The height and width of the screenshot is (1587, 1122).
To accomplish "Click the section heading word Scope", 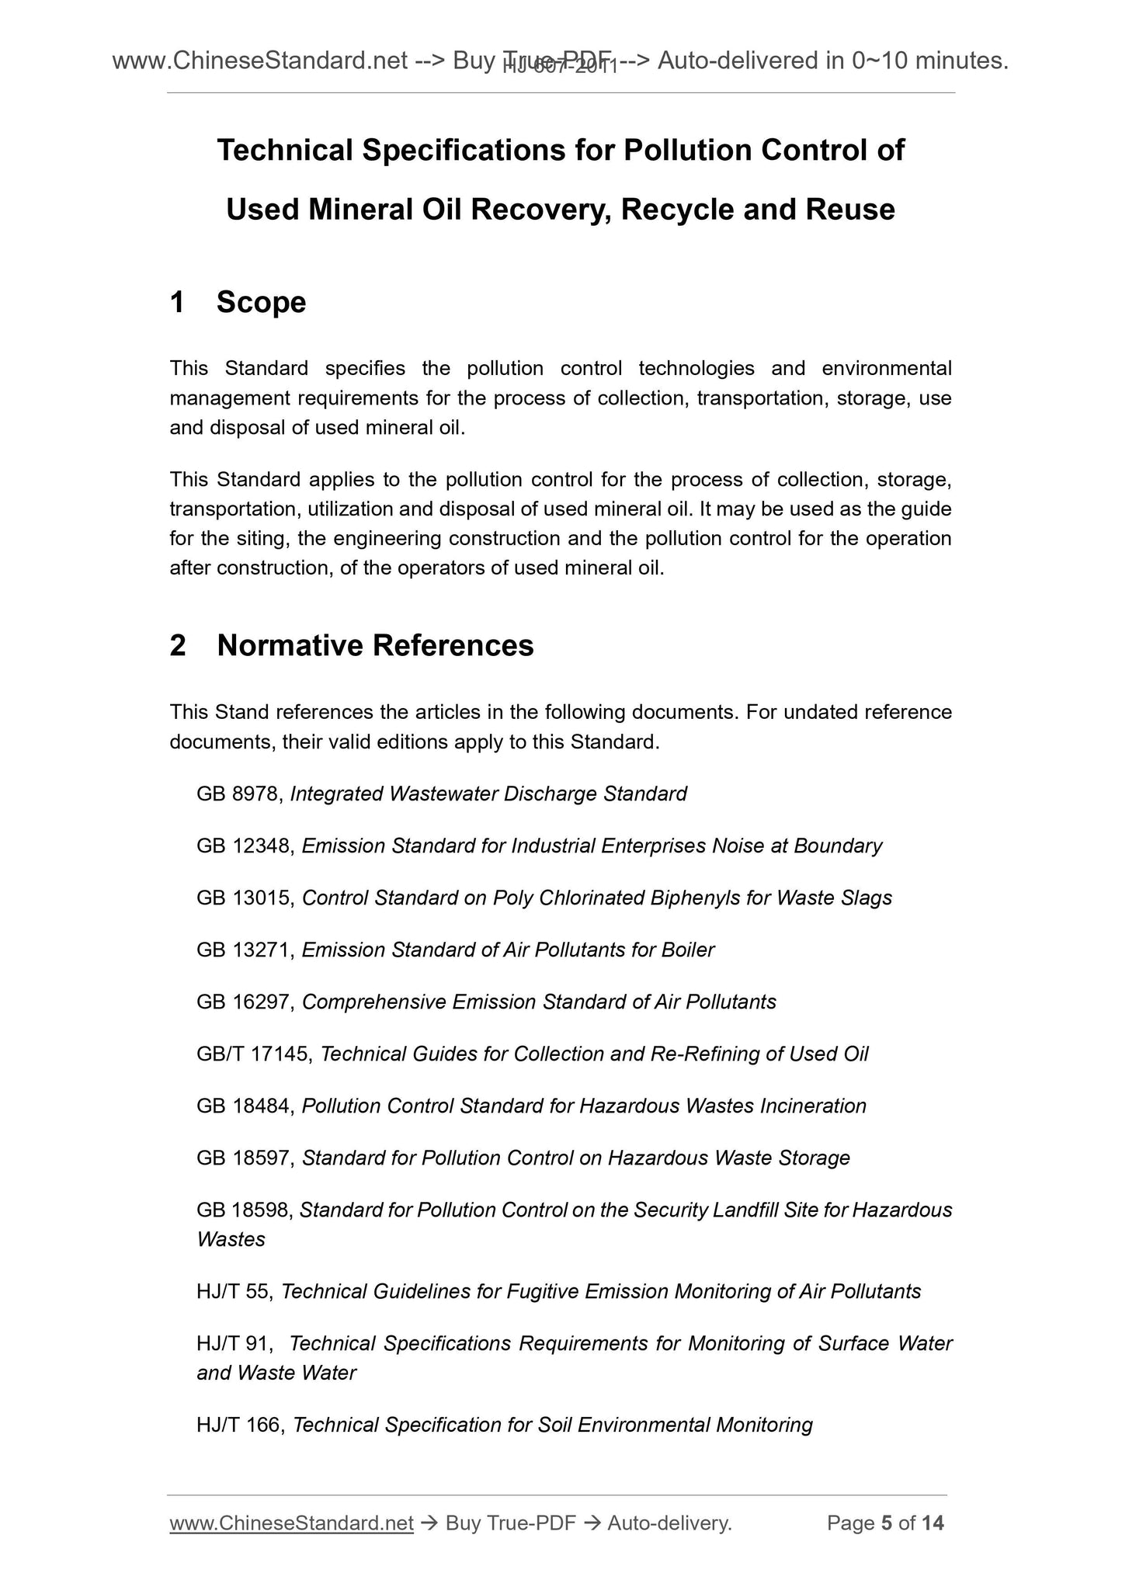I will click(261, 302).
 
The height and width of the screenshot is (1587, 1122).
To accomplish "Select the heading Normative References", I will click(375, 645).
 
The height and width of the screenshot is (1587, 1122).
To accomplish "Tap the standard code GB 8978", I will click(241, 794).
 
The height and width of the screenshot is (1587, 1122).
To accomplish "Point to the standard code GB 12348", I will click(245, 846).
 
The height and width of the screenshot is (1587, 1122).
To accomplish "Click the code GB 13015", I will click(245, 898).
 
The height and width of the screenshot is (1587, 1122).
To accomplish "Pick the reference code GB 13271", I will click(245, 950).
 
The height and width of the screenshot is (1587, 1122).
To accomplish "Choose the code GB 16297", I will click(245, 1002).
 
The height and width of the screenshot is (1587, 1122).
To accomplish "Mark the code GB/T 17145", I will click(254, 1054).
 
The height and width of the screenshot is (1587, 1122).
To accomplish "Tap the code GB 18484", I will click(245, 1106).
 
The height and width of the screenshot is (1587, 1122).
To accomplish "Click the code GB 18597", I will click(245, 1158).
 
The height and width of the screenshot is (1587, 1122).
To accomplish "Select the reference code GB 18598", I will click(245, 1210).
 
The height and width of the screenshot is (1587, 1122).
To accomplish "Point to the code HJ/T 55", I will click(233, 1292).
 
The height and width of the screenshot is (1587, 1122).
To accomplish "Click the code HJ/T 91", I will click(233, 1344).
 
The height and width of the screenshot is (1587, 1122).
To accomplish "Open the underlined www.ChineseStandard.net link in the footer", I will click(291, 1524).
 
